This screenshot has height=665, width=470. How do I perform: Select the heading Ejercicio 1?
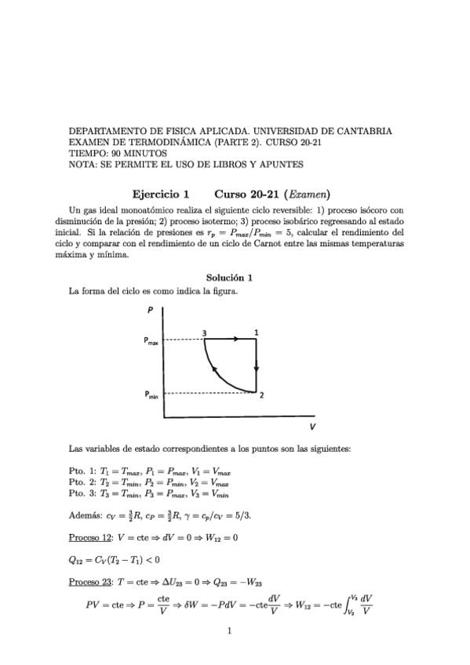click(x=161, y=193)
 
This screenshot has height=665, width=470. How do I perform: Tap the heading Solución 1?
click(x=228, y=278)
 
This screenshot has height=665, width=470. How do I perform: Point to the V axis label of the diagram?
click(x=312, y=427)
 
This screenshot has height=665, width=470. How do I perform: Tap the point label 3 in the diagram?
click(x=204, y=332)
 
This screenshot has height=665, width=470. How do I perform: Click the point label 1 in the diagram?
click(x=257, y=332)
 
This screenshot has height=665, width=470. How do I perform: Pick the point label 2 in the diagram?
click(x=261, y=397)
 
